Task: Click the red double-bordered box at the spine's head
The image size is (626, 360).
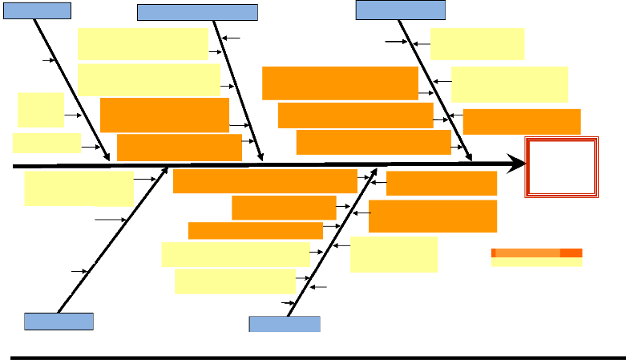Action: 561,167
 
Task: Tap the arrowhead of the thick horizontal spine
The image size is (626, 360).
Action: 519,164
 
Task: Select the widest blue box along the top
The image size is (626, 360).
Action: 197,12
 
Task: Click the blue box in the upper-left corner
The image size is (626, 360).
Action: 38,10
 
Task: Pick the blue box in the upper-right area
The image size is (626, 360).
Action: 401,10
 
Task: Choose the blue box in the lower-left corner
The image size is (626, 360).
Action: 59,322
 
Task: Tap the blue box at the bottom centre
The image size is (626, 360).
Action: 285,324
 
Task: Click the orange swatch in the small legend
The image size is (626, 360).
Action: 536,253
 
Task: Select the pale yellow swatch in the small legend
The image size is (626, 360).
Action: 536,262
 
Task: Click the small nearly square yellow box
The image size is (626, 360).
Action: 40,110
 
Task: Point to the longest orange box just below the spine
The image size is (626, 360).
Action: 265,181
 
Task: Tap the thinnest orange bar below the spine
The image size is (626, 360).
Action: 255,231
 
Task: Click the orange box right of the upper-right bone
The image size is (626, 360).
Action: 522,122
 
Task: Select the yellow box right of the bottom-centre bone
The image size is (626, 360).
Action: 394,254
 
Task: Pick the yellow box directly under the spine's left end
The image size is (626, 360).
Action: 79,188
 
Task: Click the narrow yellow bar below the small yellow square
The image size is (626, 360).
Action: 46,144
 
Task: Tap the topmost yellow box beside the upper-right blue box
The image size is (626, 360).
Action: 477,44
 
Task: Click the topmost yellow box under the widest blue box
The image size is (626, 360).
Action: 143,44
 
